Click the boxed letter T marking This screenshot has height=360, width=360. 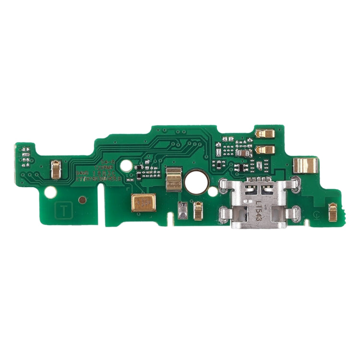63,209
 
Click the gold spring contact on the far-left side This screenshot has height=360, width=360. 56,169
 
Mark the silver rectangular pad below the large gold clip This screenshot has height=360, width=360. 182,210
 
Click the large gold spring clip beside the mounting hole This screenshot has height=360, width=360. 173,179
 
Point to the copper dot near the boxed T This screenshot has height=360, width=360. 83,199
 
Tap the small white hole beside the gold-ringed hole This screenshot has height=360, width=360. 212,191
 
